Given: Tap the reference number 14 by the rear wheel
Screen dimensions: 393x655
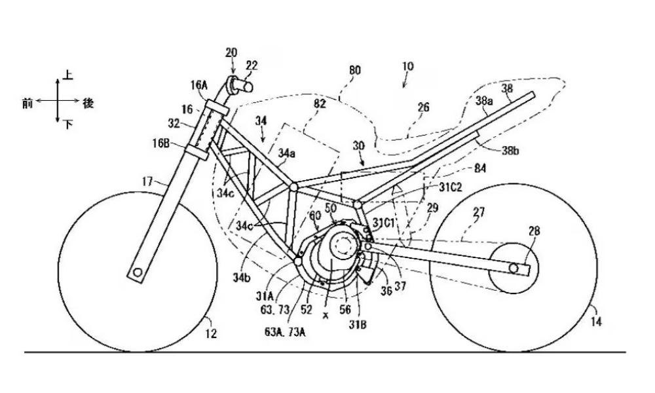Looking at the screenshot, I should (595, 322).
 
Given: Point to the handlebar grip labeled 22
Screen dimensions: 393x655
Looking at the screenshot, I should (246, 84).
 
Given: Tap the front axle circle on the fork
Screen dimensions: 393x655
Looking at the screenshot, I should (138, 272).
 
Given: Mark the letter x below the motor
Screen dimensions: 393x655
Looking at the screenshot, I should (325, 314).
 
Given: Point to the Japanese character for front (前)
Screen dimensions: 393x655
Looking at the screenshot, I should (27, 103).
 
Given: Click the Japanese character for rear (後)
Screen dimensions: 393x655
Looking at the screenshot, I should (88, 103).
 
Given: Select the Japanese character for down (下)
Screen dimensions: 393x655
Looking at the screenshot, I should (68, 124).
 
